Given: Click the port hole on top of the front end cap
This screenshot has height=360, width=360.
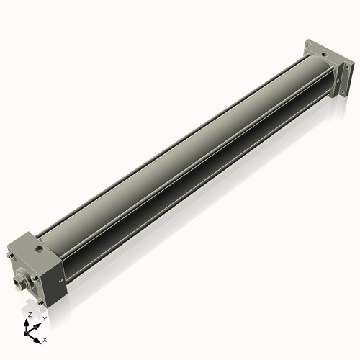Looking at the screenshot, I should pyautogui.click(x=37, y=250).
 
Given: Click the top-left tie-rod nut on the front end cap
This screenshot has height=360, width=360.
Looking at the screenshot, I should pyautogui.click(x=9, y=253).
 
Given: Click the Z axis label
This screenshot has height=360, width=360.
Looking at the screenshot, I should pyautogui.click(x=30, y=315).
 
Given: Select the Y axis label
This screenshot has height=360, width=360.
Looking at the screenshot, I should pyautogui.click(x=44, y=318).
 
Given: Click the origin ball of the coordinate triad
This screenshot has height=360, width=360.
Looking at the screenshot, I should pyautogui.click(x=27, y=334).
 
